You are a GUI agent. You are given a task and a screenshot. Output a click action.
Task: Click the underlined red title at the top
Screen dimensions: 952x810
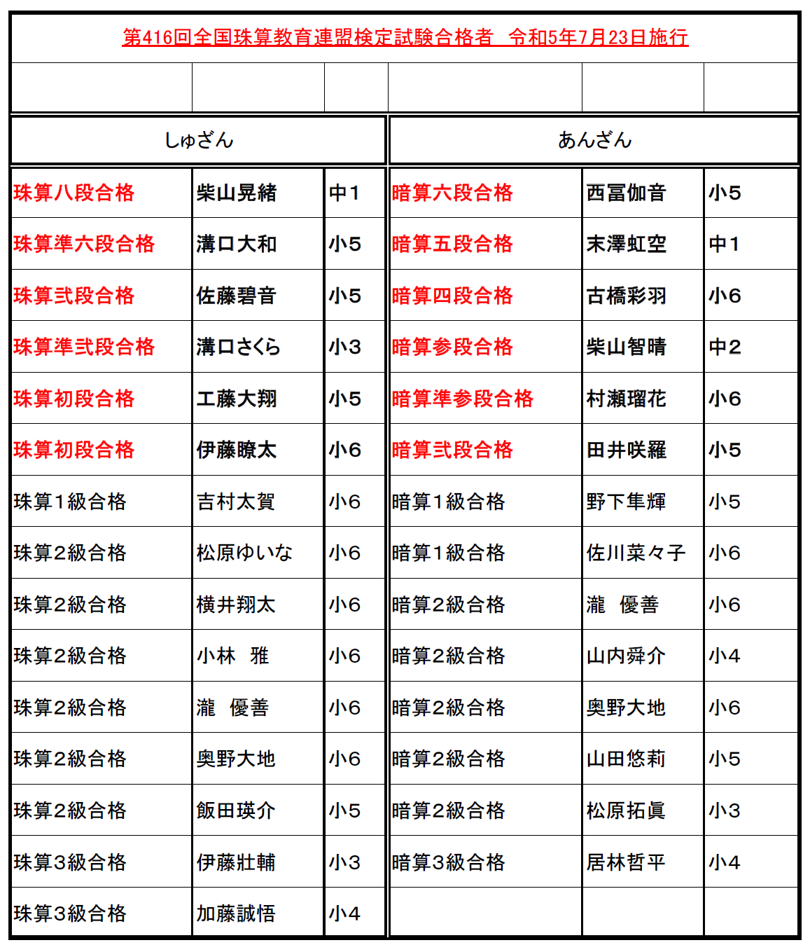[405, 37]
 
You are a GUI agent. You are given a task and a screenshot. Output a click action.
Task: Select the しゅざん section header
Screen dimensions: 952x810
[199, 140]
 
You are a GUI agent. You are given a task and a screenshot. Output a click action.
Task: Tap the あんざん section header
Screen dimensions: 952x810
[594, 140]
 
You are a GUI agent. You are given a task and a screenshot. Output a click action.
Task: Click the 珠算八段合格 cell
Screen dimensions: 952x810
[74, 193]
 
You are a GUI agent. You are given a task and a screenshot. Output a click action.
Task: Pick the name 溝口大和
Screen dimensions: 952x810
[237, 244]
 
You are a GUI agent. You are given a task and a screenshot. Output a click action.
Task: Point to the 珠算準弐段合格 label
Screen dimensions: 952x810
[84, 347]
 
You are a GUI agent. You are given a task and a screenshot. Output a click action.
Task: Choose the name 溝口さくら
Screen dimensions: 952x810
[238, 347]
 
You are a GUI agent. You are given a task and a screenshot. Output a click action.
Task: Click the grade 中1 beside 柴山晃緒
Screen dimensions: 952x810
[344, 193]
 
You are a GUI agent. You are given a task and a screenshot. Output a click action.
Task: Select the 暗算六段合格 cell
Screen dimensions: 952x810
[452, 193]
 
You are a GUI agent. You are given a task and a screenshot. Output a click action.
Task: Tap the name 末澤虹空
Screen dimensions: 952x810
[627, 244]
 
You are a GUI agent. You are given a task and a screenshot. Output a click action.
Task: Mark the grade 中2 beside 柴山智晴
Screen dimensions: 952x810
[725, 347]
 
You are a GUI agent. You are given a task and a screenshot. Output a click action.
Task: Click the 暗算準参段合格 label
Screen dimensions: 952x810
[463, 399]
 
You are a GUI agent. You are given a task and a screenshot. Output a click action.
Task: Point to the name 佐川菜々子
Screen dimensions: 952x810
[636, 553]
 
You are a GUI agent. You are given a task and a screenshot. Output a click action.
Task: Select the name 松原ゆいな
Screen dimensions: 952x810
[244, 553]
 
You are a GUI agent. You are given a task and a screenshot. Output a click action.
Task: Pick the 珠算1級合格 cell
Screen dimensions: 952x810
[70, 502]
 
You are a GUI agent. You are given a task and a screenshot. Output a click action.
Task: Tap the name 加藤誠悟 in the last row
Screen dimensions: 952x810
[236, 913]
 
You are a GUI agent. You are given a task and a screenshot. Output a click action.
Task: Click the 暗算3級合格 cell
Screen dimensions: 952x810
[449, 862]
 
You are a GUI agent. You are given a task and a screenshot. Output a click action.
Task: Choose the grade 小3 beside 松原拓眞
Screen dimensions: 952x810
[725, 810]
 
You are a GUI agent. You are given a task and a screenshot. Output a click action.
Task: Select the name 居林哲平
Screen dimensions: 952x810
[626, 862]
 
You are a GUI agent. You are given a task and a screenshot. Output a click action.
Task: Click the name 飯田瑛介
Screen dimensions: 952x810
[236, 810]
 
